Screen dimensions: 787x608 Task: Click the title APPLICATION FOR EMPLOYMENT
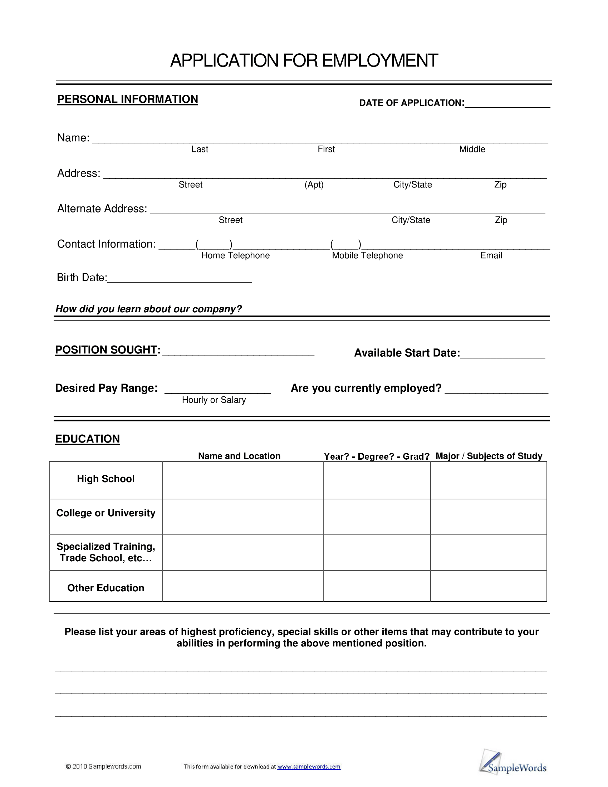(304, 60)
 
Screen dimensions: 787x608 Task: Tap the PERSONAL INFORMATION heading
(128, 99)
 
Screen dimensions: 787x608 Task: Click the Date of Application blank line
(507, 104)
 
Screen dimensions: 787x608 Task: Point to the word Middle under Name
(472, 149)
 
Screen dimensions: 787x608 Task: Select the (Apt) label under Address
(314, 185)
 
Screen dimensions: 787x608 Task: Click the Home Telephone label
(235, 255)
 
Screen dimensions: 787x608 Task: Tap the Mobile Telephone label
(367, 255)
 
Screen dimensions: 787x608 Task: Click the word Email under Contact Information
(491, 255)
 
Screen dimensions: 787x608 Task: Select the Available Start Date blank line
(503, 355)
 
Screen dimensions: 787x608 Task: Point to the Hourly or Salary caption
(214, 400)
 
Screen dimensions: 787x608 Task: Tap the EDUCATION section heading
(88, 439)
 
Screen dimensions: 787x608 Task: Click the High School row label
(106, 479)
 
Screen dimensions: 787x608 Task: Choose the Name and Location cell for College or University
(243, 517)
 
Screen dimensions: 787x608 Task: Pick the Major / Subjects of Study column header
(489, 456)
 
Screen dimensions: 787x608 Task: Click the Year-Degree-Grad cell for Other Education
(377, 586)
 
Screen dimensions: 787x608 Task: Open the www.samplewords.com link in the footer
(309, 767)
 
